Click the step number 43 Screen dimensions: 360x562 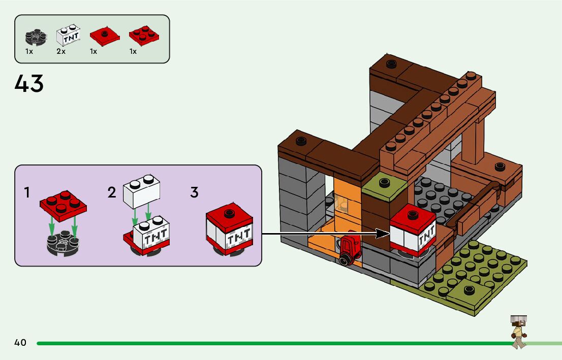click(x=29, y=84)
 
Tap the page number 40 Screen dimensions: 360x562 click(x=20, y=343)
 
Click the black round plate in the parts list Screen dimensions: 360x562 click(x=36, y=37)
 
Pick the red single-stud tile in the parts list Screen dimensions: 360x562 click(x=104, y=36)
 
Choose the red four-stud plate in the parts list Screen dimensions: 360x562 click(x=144, y=35)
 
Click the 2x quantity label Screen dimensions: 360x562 click(x=61, y=52)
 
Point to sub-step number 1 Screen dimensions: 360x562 click(x=27, y=193)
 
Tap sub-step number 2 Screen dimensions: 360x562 click(x=112, y=193)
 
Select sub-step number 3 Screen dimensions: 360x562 click(x=194, y=193)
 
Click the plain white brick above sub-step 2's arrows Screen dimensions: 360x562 click(x=141, y=191)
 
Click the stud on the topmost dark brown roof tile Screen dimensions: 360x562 click(x=391, y=64)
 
